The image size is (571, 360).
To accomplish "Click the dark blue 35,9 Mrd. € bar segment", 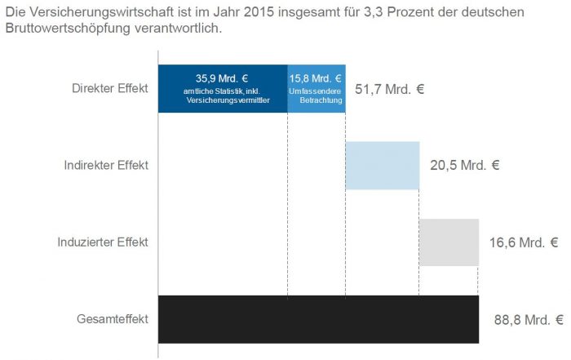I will [x=222, y=88].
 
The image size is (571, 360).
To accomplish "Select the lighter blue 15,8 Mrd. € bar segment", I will [x=316, y=88].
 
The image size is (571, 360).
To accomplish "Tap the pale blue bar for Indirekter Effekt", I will [x=382, y=166].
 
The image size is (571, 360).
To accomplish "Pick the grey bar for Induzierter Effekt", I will [x=449, y=242].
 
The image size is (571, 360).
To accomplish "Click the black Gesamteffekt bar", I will [x=318, y=319].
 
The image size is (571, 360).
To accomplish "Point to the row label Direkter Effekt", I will [x=110, y=88].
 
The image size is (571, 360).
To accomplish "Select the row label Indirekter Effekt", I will [x=106, y=165].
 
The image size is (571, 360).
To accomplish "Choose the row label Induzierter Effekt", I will [x=104, y=242].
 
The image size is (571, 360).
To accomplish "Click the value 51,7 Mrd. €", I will [x=390, y=88].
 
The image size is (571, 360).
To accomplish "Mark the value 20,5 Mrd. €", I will [x=464, y=165].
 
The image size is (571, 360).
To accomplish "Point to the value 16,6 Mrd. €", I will [x=524, y=242].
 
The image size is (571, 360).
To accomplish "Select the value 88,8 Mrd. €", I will [x=529, y=320].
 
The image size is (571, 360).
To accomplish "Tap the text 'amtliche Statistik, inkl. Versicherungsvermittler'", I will [x=222, y=105].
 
